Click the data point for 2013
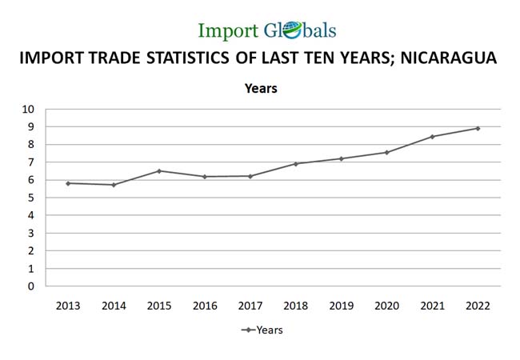coord(68,183)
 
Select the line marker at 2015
coord(159,171)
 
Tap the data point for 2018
coord(296,164)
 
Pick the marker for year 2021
coord(433,137)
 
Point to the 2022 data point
coord(478,128)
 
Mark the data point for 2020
coord(387,152)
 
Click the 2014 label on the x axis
coord(114,305)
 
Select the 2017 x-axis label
coord(250,305)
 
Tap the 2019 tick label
coord(342,305)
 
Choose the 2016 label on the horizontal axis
coord(205,305)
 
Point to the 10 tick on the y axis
coord(30,110)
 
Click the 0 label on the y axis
coord(33,286)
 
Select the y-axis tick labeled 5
coord(33,198)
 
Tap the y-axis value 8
coord(33,145)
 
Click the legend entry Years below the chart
coord(270,330)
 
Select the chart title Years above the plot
coord(261,89)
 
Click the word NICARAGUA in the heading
coord(442,58)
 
